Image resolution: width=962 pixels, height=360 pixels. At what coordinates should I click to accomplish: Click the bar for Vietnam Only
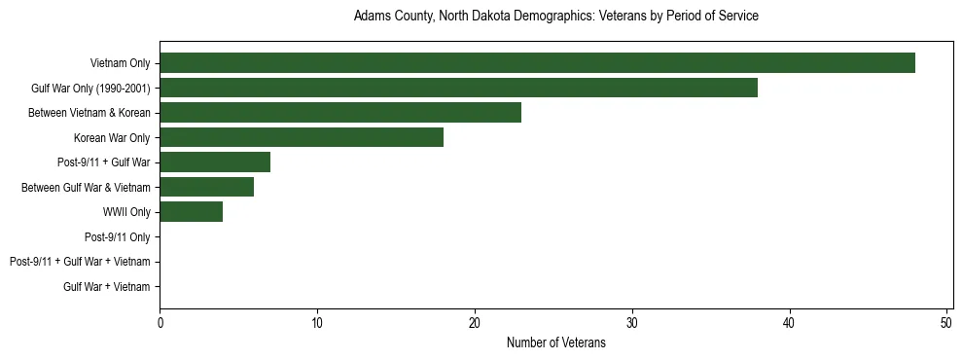coord(537,63)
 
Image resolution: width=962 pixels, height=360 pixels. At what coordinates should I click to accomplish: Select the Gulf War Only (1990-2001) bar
coord(458,89)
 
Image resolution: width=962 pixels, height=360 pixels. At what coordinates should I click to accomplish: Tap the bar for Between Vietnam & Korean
coord(340,113)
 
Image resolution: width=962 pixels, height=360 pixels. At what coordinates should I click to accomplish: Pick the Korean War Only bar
coord(302,138)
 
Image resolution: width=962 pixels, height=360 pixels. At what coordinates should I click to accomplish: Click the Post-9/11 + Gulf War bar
coord(215,162)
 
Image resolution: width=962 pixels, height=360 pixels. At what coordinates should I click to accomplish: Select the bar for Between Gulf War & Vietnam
coord(207,187)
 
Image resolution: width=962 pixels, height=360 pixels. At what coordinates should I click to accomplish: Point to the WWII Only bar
coord(192,212)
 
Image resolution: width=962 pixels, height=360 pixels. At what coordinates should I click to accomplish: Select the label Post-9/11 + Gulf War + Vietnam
coord(80,262)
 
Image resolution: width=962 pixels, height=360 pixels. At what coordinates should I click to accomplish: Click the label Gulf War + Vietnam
coord(106,287)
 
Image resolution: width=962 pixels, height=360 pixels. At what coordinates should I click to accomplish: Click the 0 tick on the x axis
coord(160,323)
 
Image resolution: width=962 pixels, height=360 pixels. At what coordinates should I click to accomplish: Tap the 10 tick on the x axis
coord(317,323)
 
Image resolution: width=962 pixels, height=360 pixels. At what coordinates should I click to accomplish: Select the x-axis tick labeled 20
coord(475,323)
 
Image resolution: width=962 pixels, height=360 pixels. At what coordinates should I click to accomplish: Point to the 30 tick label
coord(632,323)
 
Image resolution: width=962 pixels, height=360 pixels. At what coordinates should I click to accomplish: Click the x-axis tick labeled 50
coord(946,323)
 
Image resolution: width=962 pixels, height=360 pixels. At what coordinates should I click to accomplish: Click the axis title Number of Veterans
coord(555,342)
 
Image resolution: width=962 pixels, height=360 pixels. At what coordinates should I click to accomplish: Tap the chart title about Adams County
coord(555,17)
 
